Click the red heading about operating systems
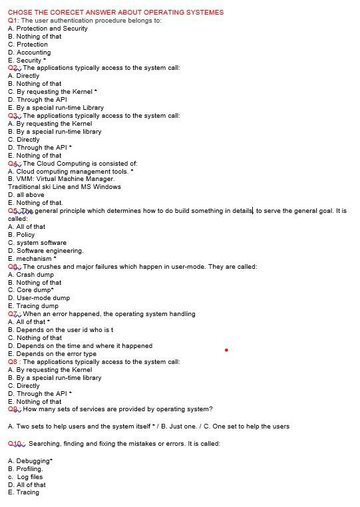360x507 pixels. tap(115, 12)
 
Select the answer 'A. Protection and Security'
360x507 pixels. tap(47, 29)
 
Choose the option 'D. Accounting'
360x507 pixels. tap(29, 53)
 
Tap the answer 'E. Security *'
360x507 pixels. tap(27, 61)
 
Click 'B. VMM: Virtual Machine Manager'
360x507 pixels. tap(61, 179)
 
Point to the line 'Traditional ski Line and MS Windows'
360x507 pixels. tap(65, 187)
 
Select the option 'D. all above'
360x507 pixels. tap(26, 195)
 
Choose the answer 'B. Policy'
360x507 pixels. tap(21, 235)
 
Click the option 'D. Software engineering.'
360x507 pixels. tap(46, 251)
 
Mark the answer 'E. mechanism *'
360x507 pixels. tap(32, 259)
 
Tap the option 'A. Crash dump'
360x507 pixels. tap(31, 274)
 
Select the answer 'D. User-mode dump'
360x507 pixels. tap(39, 298)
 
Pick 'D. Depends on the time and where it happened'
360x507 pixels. tap(80, 346)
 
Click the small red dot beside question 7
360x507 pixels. tap(226, 349)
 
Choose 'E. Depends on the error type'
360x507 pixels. tap(52, 354)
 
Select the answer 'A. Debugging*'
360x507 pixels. tap(30, 461)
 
